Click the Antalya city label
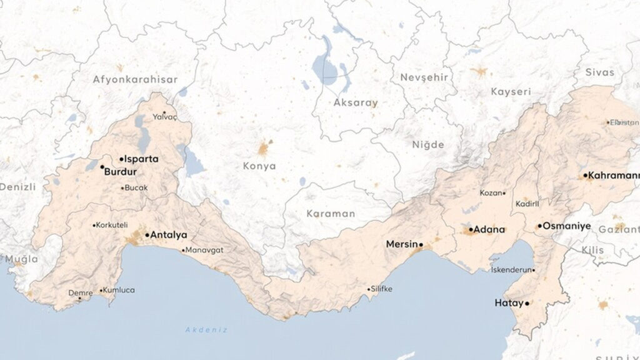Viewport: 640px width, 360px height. [169, 235]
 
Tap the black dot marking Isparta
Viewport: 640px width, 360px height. [122, 159]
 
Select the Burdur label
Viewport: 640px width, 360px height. [120, 171]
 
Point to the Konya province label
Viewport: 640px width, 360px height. [259, 166]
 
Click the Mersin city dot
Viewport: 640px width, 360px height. [421, 244]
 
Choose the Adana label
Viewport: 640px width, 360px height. [489, 229]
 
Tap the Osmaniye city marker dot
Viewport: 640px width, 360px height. [540, 226]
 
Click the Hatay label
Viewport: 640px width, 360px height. [508, 303]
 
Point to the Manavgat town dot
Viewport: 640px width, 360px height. [183, 250]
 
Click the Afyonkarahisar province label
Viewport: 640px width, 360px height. [135, 79]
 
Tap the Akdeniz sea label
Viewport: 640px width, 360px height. [206, 329]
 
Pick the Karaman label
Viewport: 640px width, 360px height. [331, 213]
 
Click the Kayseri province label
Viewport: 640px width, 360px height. [511, 92]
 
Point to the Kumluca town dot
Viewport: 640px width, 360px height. [101, 290]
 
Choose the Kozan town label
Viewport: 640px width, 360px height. [491, 193]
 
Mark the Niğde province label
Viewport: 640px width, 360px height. [428, 144]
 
